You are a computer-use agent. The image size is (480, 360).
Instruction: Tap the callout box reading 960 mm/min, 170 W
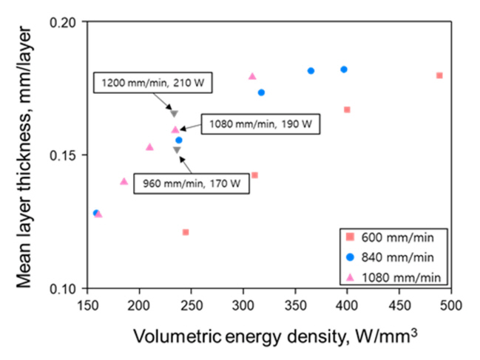[x=191, y=183]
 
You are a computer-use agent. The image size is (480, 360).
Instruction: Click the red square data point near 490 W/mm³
[x=439, y=75]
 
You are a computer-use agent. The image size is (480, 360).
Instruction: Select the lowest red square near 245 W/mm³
[x=186, y=232]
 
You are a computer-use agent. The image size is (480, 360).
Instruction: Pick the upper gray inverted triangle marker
[x=174, y=114]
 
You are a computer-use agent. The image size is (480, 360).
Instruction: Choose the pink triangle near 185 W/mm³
[x=124, y=181]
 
